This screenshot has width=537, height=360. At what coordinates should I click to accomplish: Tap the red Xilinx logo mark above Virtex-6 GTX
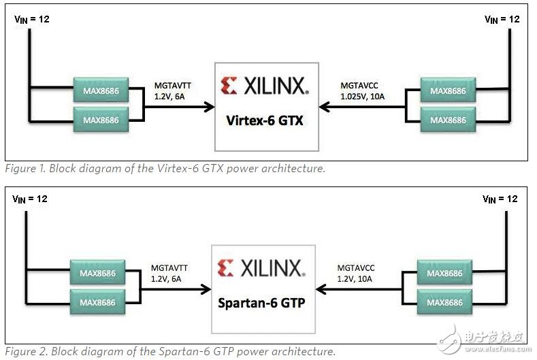click(229, 86)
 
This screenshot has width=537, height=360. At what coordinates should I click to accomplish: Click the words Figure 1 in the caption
click(22, 169)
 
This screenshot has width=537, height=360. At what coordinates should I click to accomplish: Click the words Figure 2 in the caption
click(22, 352)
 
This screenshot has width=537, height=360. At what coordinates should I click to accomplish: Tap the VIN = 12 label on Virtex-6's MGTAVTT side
click(32, 19)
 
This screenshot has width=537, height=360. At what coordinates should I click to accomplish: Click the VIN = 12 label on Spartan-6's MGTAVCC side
click(500, 199)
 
